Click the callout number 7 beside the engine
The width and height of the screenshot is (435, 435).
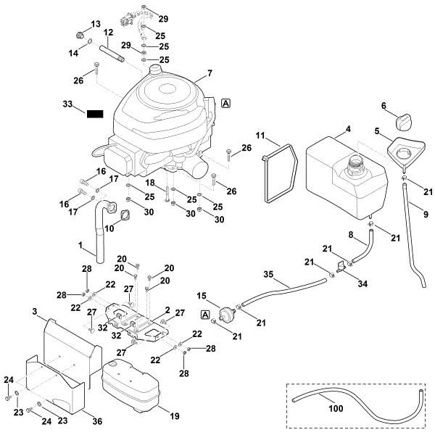tap(210, 73)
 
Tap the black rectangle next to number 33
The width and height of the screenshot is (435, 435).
tap(96, 114)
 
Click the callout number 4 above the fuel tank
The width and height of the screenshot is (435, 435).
tap(348, 129)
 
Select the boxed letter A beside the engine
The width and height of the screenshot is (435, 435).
tap(227, 103)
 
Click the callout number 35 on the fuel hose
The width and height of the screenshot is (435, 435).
tap(268, 276)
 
